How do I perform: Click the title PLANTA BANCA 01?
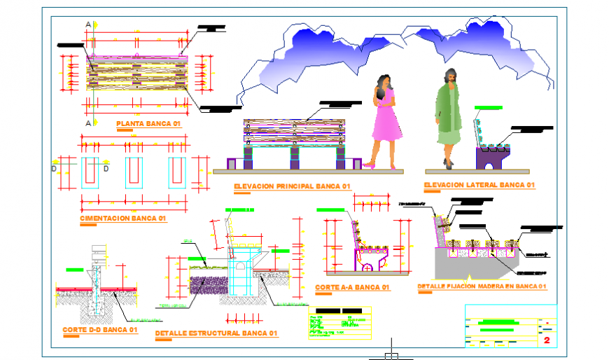[149, 123]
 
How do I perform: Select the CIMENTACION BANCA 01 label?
[122, 219]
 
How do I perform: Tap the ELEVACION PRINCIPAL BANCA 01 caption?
[292, 186]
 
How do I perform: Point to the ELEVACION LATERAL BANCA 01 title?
[479, 186]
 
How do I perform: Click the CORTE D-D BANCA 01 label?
[99, 330]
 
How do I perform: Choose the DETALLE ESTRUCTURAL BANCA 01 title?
[216, 333]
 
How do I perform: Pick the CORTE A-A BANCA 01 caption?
[352, 288]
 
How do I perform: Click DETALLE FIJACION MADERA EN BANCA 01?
[481, 286]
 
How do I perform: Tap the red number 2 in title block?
[546, 340]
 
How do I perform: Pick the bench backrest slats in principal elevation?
[294, 129]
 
